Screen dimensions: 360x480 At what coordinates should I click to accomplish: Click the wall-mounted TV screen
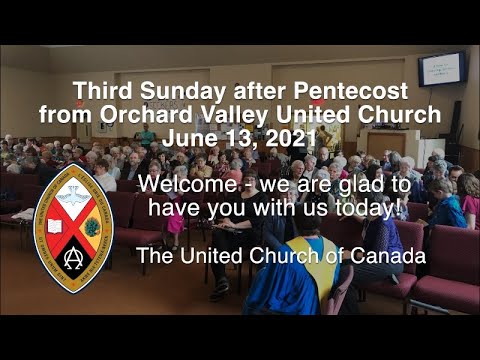click(x=442, y=68)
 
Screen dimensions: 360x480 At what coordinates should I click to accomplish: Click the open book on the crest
click(x=53, y=226)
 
